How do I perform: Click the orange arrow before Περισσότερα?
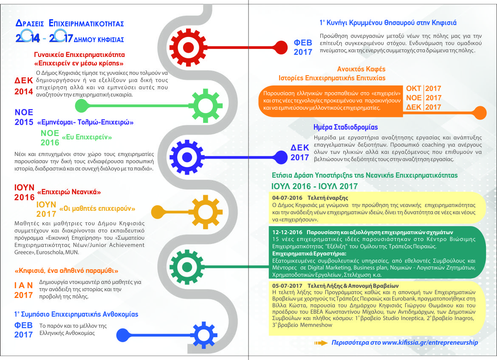point(321,343)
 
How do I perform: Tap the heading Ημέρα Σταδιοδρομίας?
point(345,127)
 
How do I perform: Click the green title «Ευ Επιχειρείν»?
point(87,137)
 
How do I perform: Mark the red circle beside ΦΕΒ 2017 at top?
point(281,45)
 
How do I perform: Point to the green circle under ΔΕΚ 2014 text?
point(81,105)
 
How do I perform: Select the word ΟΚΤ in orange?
point(414,89)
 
